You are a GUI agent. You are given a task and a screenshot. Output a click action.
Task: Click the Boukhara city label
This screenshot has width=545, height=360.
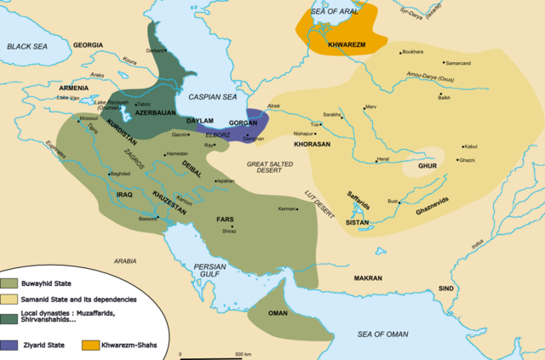click(412, 52)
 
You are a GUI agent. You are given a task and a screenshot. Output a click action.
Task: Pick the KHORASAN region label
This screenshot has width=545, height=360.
click(312, 145)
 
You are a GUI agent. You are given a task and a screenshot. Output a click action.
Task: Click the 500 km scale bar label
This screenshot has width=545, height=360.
click(243, 353)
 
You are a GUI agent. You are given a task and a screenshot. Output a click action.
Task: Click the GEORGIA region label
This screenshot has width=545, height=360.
click(89, 44)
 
